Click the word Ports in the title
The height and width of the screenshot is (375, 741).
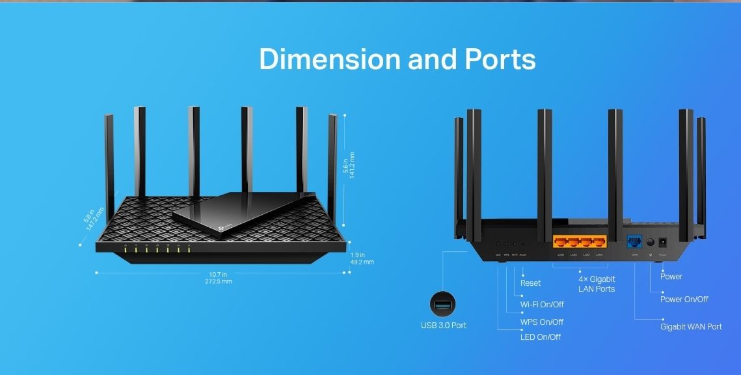coord(500,59)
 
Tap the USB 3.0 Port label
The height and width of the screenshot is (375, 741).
coord(443,325)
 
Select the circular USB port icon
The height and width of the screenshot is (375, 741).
coord(442,304)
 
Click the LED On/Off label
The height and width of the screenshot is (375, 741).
coord(540,337)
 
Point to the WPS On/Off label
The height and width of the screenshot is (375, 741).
coord(541,322)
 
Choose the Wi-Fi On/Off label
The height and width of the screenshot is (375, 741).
coord(541,304)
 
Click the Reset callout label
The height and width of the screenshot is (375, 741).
coord(530,283)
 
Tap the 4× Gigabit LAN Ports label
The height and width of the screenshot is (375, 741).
coord(596,283)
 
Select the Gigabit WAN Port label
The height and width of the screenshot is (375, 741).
coord(691,327)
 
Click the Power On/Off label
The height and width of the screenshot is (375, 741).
coord(684,299)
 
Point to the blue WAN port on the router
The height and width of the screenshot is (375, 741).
coord(632,242)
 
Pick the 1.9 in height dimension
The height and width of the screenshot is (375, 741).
coord(358,255)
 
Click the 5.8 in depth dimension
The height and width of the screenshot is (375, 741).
coord(88,216)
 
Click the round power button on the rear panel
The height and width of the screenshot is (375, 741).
coord(649,242)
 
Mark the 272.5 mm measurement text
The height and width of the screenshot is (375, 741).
coord(218,281)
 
